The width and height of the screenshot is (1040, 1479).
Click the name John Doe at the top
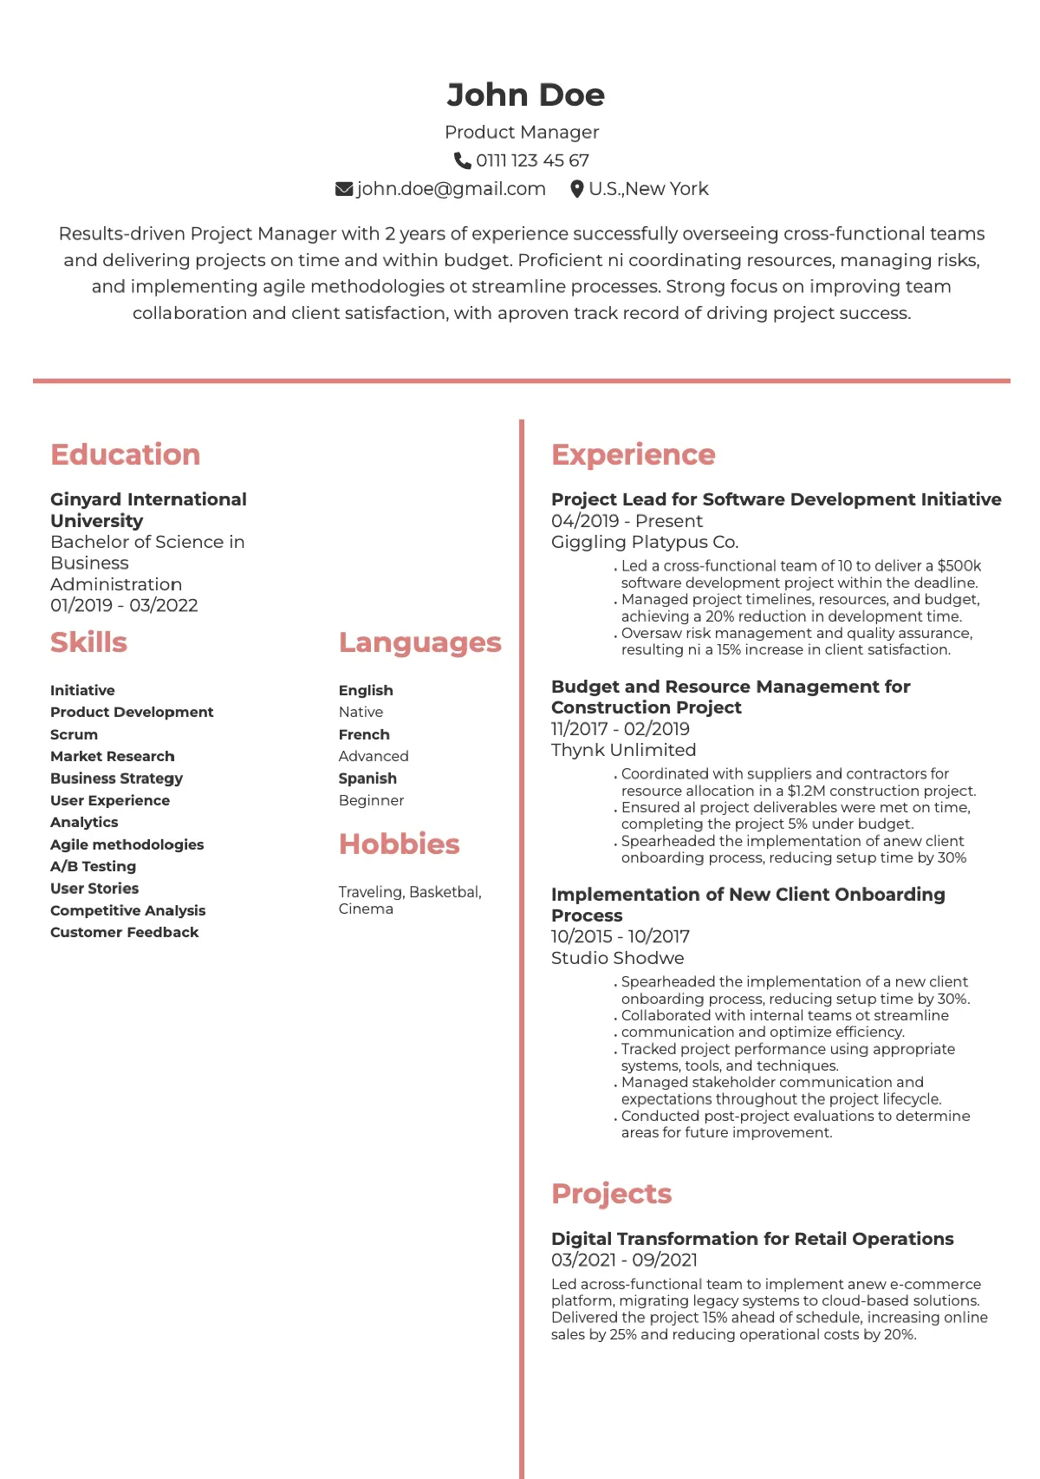click(525, 95)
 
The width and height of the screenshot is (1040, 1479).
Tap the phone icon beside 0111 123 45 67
click(463, 160)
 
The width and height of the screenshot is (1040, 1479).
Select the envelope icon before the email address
click(344, 189)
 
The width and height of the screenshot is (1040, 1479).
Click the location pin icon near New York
click(576, 189)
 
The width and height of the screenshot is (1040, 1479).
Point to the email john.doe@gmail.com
click(451, 189)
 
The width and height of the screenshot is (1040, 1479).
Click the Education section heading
click(125, 454)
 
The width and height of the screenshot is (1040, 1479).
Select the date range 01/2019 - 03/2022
click(124, 605)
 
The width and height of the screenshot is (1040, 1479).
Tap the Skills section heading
click(88, 642)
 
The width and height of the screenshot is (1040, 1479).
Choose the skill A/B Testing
click(93, 866)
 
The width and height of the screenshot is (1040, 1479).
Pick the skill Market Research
click(112, 756)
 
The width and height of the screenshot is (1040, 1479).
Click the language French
click(364, 734)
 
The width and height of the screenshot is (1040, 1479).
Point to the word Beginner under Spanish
click(371, 800)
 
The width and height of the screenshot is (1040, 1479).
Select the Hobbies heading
click(399, 844)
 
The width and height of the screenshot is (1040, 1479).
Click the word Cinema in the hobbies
click(366, 909)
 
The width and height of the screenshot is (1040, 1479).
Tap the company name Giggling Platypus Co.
click(645, 542)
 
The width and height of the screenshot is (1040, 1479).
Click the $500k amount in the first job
click(959, 566)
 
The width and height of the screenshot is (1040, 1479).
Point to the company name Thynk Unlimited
click(623, 750)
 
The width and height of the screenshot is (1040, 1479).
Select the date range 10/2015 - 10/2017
click(621, 936)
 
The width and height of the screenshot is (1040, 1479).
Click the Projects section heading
click(611, 1194)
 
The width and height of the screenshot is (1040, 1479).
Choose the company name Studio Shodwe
click(617, 958)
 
